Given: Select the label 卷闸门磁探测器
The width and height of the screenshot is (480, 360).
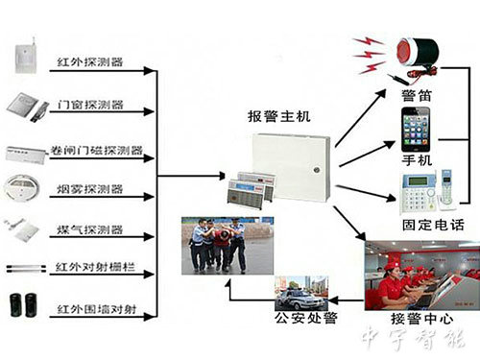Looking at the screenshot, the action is [x=96, y=151].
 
